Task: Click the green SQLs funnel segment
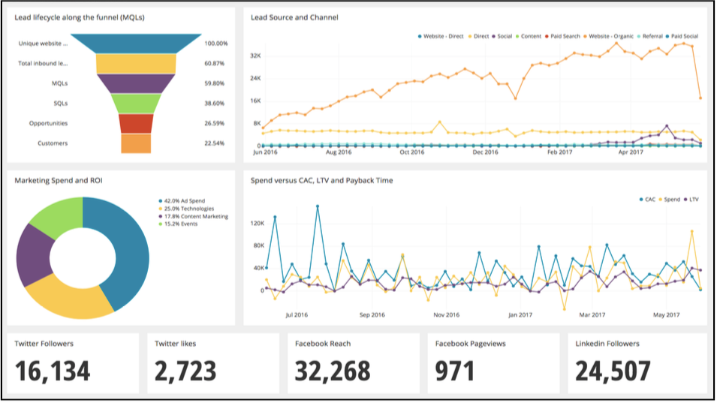point(136,104)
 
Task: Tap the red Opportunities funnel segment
point(136,124)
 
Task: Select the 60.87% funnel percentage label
point(215,64)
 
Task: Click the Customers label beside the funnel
point(53,143)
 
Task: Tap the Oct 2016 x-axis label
point(412,152)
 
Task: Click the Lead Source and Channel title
point(294,17)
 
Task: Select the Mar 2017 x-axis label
point(592,315)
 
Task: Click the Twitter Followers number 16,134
point(53,371)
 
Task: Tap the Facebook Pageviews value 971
point(454,371)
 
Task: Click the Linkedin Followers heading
point(607,344)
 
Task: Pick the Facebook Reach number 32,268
point(333,371)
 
